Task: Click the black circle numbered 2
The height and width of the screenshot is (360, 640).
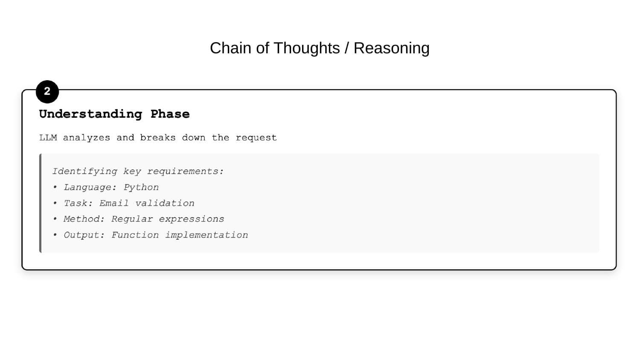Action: pyautogui.click(x=47, y=92)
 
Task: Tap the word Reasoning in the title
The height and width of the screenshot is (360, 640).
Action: pyautogui.click(x=391, y=48)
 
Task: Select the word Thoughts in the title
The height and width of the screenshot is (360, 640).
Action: pyautogui.click(x=306, y=48)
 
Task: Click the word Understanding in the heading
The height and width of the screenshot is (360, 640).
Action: pyautogui.click(x=90, y=114)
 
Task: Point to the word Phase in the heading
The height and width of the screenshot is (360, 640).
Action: pyautogui.click(x=170, y=114)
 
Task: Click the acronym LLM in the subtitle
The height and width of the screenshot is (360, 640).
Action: pyautogui.click(x=48, y=138)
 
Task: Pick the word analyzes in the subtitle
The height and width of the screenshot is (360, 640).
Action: pyautogui.click(x=86, y=138)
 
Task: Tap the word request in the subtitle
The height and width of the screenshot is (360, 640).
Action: pyautogui.click(x=256, y=138)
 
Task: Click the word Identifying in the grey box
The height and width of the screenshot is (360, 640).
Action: pyautogui.click(x=84, y=171)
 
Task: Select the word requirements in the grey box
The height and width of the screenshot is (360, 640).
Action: pyautogui.click(x=185, y=171)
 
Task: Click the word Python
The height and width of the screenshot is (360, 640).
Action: pyautogui.click(x=141, y=187)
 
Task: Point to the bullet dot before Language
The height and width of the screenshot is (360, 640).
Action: pyautogui.click(x=55, y=187)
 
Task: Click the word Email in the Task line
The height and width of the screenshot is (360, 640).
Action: pyautogui.click(x=114, y=203)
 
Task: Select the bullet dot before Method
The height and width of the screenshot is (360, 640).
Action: pyautogui.click(x=55, y=219)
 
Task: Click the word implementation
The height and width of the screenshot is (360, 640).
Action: pyautogui.click(x=207, y=235)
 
